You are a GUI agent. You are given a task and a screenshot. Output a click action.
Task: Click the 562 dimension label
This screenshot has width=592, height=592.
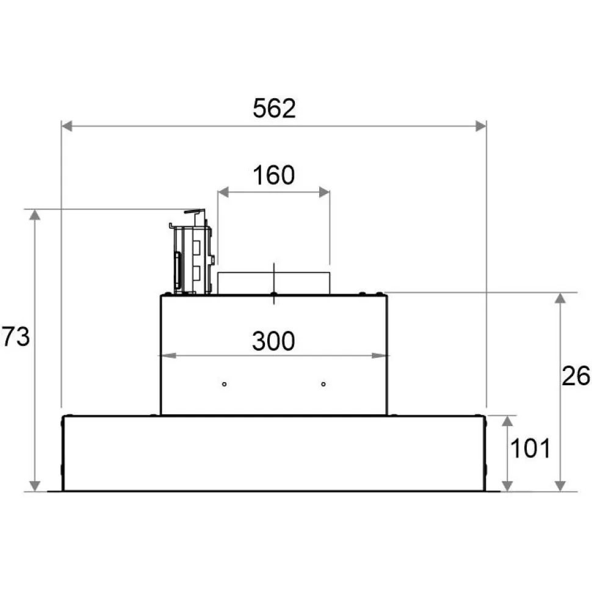(274, 109)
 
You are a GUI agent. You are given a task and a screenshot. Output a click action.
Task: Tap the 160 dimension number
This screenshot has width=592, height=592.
(274, 175)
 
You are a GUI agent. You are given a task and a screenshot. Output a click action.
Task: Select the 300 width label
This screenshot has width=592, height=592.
(273, 341)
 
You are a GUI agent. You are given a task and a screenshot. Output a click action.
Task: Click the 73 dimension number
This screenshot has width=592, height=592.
(16, 336)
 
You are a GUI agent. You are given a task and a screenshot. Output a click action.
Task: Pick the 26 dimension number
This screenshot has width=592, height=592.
(576, 376)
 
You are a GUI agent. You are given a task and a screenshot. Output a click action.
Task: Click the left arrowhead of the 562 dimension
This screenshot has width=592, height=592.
(67, 126)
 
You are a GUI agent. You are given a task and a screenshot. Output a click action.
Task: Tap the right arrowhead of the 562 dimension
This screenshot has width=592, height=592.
(481, 126)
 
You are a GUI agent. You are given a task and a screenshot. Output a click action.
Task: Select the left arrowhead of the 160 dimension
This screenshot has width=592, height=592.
(223, 192)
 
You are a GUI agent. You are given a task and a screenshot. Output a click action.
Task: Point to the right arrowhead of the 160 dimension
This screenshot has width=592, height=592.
(324, 192)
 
